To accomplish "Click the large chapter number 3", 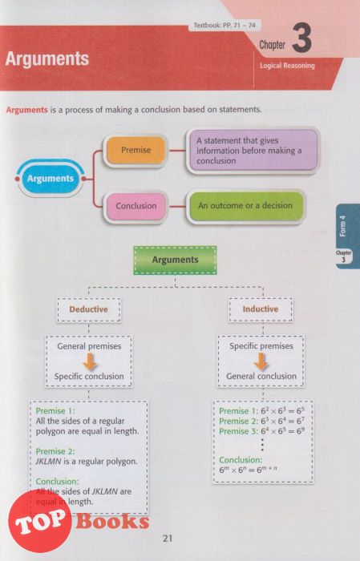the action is (x=301, y=38).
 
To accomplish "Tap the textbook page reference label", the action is (x=224, y=26).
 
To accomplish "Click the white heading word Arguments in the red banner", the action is (x=47, y=59).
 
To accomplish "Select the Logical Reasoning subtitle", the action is (x=287, y=66).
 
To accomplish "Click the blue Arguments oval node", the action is (x=50, y=178).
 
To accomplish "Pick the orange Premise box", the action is (x=136, y=150).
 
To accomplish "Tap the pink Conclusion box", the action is (x=136, y=206).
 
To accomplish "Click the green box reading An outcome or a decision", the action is (x=245, y=206).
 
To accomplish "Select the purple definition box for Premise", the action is (x=253, y=151).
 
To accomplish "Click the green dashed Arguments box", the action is (x=175, y=260).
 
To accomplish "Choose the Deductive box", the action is (x=88, y=309).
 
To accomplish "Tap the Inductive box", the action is (x=260, y=309).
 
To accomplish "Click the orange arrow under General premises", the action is (x=90, y=361).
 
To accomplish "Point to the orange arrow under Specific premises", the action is (x=261, y=361).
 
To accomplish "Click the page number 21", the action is (x=168, y=538).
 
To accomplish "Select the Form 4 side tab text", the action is (x=342, y=225).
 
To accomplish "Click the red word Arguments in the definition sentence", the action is (x=26, y=110).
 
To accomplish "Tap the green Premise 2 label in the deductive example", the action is (x=55, y=451).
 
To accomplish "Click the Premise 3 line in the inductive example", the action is (x=262, y=431).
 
